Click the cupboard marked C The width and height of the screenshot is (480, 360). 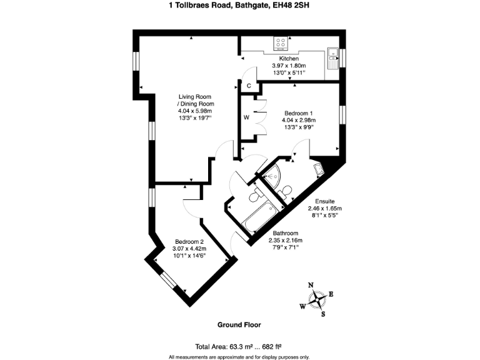click(x=248, y=86)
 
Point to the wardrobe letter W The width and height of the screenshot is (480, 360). click(x=246, y=117)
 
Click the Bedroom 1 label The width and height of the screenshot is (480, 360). click(x=298, y=113)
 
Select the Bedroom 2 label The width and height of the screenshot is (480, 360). click(x=189, y=241)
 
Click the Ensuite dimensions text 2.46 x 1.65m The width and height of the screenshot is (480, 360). click(x=324, y=209)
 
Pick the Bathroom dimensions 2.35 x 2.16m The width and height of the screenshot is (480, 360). click(x=285, y=240)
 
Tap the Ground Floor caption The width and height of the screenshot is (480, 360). click(x=239, y=324)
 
